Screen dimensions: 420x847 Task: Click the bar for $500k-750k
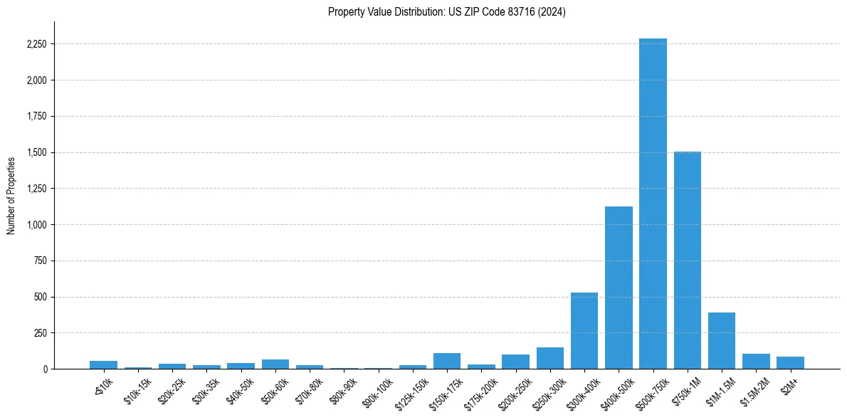653,204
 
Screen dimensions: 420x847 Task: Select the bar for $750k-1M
687,260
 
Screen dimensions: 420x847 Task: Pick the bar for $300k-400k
584,330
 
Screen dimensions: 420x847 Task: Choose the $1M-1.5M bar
722,340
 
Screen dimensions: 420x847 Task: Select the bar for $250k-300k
550,358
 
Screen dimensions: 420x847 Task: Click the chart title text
447,12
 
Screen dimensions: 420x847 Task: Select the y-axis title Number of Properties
11,195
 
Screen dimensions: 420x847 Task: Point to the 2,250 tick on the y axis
36,44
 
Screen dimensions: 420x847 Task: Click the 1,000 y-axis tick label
36,225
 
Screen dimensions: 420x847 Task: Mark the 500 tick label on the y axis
40,297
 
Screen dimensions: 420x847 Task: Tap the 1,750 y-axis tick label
36,117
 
